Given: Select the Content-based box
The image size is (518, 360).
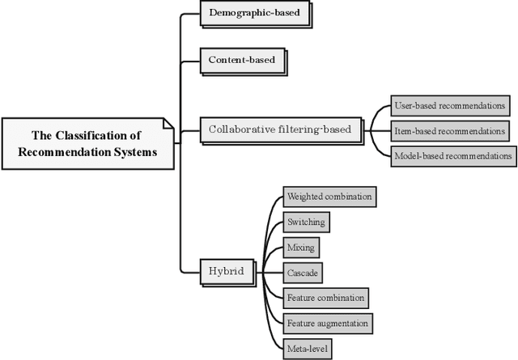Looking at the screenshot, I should tap(241, 60).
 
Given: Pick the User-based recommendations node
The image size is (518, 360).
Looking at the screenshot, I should tap(450, 105).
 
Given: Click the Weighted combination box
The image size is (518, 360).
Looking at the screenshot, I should tap(329, 196).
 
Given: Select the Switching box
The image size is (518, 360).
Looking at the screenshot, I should tap(306, 222).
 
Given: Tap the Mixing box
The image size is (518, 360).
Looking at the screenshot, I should tap(299, 247).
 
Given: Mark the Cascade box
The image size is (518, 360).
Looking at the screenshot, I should tap(303, 273).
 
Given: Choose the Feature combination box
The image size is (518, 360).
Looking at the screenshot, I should tap(325, 298).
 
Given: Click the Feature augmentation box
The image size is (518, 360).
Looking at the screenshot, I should tap(328, 324).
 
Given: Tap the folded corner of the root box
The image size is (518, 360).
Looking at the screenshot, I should tap(168, 124).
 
